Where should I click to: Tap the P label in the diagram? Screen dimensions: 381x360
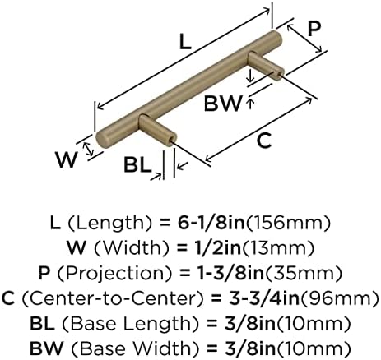pos(314,29)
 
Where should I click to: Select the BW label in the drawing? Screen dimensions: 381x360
pos(223,104)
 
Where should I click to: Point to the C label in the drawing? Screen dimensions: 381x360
pos(264,141)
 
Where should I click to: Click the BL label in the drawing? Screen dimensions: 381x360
pos(137,165)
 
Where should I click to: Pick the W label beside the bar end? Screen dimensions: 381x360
pos(67,159)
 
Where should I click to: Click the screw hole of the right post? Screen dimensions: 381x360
pos(280,75)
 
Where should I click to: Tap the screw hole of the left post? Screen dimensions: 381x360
pos(172,139)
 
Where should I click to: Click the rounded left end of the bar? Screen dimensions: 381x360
pos(102,141)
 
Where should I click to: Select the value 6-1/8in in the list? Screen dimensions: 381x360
pos(211,223)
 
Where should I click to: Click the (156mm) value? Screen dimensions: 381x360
pos(288,223)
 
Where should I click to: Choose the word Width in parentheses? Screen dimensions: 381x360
pos(132,247)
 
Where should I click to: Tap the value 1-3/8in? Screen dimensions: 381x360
pos(231,273)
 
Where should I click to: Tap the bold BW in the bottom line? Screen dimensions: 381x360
pos(46,348)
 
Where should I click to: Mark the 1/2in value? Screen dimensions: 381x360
pos(215,247)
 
